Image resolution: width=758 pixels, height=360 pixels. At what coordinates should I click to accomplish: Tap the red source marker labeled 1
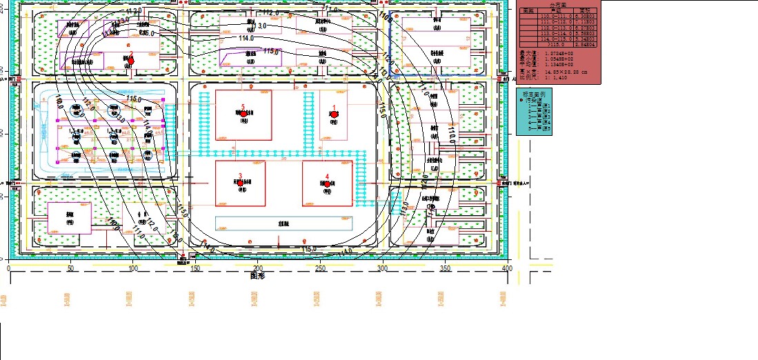[334, 115]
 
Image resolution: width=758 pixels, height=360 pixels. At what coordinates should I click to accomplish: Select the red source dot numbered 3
[241, 183]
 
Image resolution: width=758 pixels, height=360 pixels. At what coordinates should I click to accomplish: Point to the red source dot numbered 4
[328, 183]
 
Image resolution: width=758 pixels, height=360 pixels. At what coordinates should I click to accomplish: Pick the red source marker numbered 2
[130, 61]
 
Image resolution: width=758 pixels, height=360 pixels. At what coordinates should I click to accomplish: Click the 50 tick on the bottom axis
[71, 268]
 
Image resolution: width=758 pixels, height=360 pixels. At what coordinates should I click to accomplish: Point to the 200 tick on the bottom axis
[258, 268]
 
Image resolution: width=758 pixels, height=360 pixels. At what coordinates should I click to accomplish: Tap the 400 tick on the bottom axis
[507, 268]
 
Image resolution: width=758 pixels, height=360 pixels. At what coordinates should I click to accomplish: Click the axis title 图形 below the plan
[258, 275]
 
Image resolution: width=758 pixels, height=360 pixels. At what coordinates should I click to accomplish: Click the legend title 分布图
[557, 5]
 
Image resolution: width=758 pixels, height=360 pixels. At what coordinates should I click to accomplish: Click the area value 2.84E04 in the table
[588, 44]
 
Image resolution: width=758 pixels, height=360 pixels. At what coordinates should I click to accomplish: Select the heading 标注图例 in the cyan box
[533, 94]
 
